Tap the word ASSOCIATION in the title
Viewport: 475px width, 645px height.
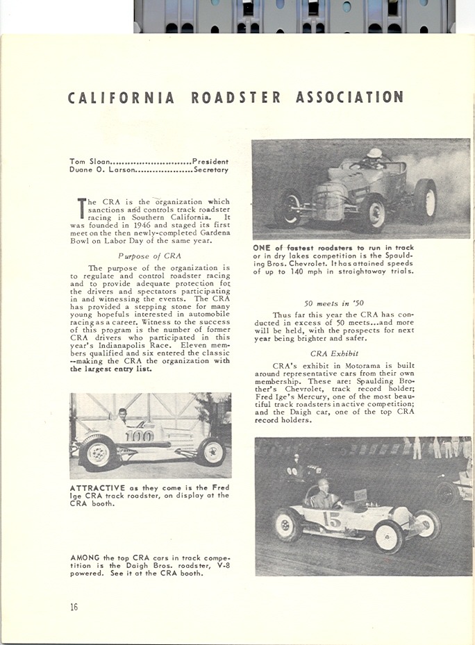point(349,97)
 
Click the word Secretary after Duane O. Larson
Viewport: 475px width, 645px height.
point(212,169)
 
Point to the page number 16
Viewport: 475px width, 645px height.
point(74,607)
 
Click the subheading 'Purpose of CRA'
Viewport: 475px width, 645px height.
point(149,256)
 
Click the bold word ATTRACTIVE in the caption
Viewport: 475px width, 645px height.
point(97,488)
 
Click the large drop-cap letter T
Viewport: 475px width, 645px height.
point(81,208)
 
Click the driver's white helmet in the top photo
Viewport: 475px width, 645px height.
point(375,153)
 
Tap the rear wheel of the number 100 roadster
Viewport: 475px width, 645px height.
point(98,452)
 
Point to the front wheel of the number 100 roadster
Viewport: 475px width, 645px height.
point(211,452)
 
